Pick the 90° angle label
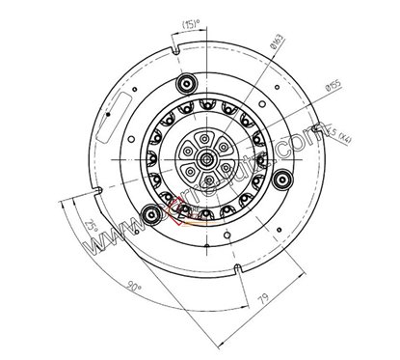coord(133,286)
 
